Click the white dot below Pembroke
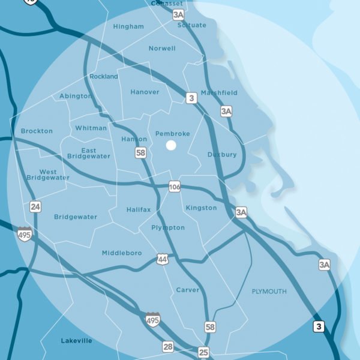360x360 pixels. (x=171, y=145)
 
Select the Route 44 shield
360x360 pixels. (x=163, y=259)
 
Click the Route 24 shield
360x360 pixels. (x=36, y=207)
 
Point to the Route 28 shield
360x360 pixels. (x=168, y=346)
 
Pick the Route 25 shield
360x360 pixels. (x=204, y=352)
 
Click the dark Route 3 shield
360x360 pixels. (x=319, y=327)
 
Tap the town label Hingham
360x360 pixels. (x=128, y=27)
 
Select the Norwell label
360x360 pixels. (x=162, y=49)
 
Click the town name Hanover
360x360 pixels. (x=145, y=92)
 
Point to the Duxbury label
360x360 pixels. (x=222, y=155)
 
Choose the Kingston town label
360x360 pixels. (x=202, y=208)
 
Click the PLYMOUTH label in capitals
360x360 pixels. (x=269, y=292)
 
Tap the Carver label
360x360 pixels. (x=188, y=290)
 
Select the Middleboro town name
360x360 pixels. (x=122, y=253)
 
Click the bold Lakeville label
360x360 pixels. (x=77, y=341)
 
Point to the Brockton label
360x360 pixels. (x=37, y=131)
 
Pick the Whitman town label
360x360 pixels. (x=91, y=128)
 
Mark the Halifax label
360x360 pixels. (x=139, y=209)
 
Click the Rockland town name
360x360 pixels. (x=104, y=77)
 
